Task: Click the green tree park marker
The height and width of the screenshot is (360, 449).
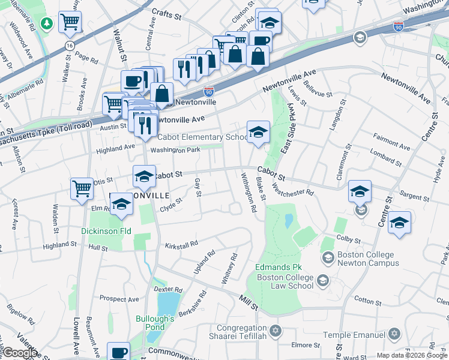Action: (x=46, y=23)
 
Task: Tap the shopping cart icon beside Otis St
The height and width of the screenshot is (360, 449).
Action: (x=82, y=188)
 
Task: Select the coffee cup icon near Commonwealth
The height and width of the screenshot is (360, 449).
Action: (x=118, y=352)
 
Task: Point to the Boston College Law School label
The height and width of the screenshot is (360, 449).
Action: (x=285, y=281)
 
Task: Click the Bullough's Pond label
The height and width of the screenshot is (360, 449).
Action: (x=154, y=323)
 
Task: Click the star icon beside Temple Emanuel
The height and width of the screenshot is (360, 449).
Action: (x=394, y=333)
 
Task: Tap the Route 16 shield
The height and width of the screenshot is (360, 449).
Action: (x=70, y=46)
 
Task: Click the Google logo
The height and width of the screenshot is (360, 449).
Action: (x=19, y=352)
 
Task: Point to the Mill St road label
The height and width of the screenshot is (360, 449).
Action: (x=248, y=302)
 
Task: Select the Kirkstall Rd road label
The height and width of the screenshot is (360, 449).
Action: (x=182, y=245)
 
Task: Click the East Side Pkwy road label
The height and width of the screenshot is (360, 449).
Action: (x=288, y=129)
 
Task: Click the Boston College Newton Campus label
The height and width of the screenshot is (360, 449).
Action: (x=360, y=259)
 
